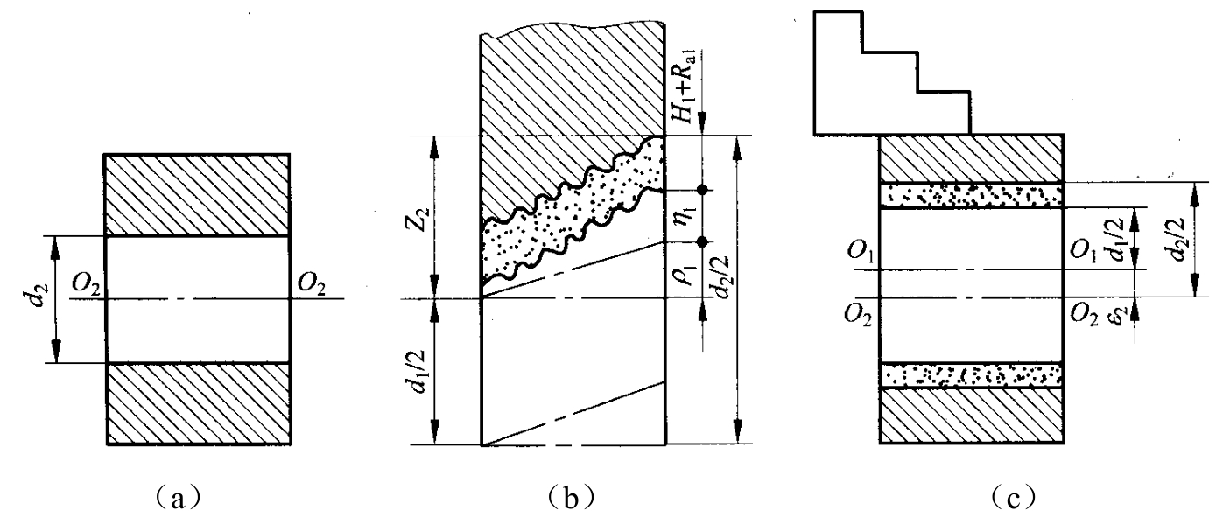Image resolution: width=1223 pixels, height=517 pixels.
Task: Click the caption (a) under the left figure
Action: tap(178, 498)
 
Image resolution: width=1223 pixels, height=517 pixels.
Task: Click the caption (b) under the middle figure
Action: tap(571, 498)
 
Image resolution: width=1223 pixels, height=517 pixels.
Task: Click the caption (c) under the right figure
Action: tap(1014, 498)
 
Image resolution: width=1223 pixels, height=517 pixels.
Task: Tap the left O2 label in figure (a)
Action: tap(87, 284)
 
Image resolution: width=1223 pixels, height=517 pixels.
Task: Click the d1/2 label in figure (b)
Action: tap(422, 372)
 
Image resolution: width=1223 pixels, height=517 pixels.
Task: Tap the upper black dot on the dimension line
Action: tap(703, 190)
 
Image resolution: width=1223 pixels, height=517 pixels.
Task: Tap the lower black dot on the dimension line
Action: tap(703, 241)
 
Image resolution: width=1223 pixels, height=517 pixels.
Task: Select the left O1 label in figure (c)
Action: tap(861, 251)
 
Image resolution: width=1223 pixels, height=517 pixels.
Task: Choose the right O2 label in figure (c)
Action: tap(1083, 315)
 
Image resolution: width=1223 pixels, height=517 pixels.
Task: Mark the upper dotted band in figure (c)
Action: tap(972, 195)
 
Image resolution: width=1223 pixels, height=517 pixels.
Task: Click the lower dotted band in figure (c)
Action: tap(972, 375)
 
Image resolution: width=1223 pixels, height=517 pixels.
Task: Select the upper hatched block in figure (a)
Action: tap(197, 195)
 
